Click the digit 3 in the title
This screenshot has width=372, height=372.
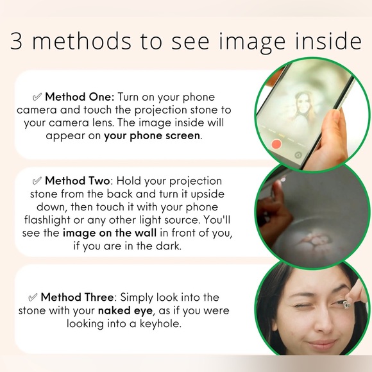tap(16, 41)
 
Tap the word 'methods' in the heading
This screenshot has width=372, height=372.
tap(81, 40)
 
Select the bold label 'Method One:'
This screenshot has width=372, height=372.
tap(80, 97)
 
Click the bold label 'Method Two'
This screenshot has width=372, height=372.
tap(78, 181)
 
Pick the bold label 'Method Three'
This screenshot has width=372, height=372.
tap(78, 297)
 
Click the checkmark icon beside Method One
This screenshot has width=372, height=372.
tap(37, 97)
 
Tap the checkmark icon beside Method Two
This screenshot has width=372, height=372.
tap(37, 180)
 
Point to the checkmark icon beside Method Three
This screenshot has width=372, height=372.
tap(33, 297)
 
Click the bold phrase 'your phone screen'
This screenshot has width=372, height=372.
tap(152, 136)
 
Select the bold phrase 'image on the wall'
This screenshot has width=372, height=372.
tap(110, 233)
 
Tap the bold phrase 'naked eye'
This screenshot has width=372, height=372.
tap(125, 310)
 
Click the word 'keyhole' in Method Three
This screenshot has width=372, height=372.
tap(160, 324)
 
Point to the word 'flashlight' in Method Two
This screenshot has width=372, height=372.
tap(47, 220)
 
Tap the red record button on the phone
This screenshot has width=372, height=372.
tap(276, 144)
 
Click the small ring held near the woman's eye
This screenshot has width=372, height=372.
tap(344, 305)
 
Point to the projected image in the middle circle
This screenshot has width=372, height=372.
tap(313, 241)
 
